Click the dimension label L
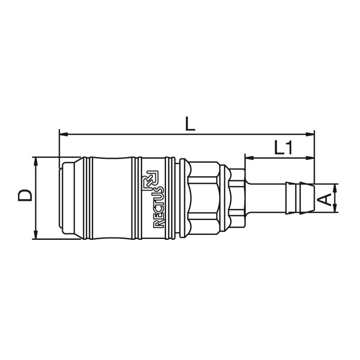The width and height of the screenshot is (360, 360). point(190,124)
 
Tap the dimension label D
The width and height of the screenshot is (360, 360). point(25,195)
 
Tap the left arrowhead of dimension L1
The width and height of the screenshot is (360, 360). point(249,158)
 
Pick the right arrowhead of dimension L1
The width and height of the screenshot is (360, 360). point(310,158)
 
